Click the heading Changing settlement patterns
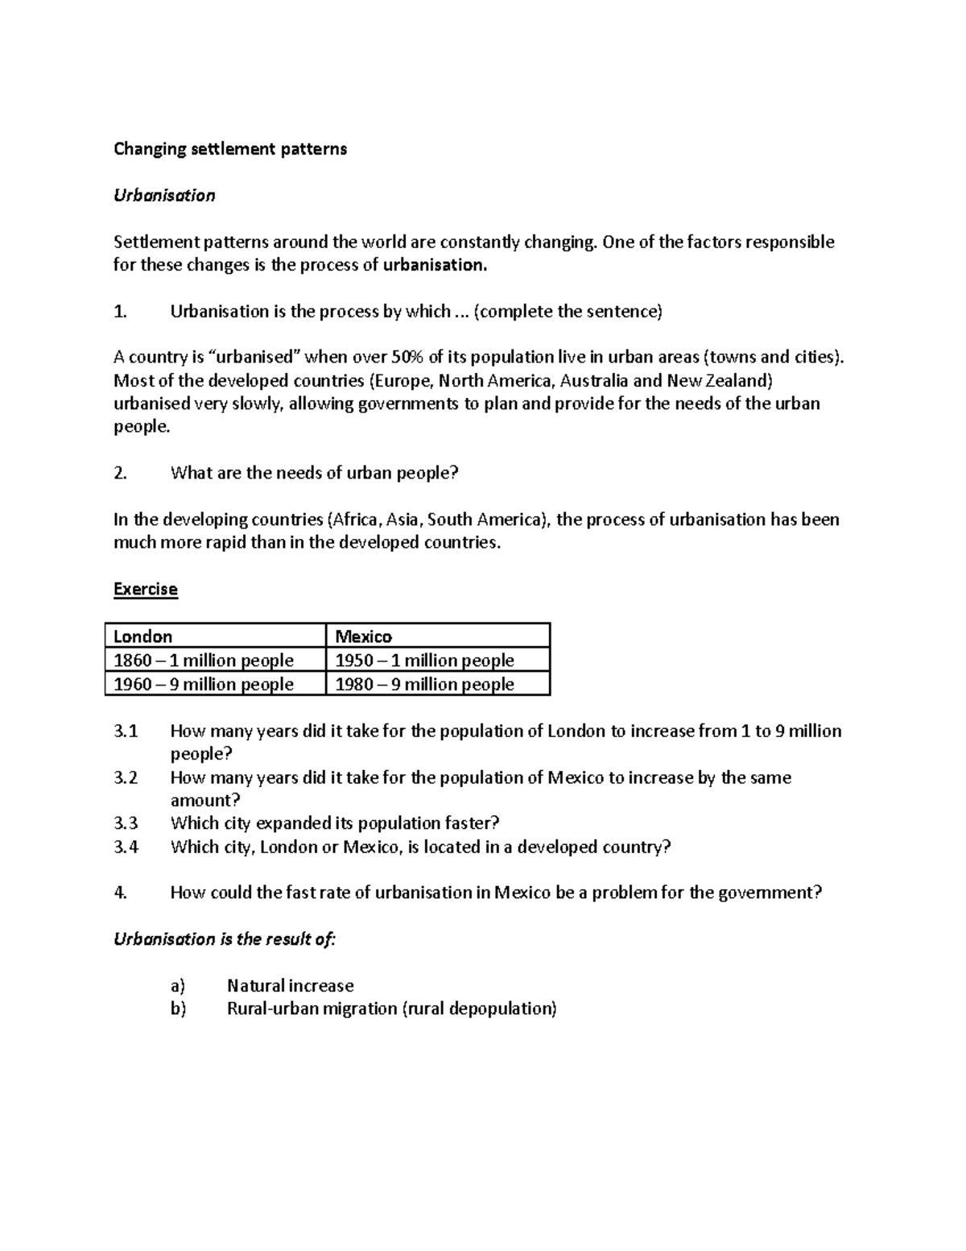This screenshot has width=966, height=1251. tap(230, 149)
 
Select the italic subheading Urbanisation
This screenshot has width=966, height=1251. tap(164, 196)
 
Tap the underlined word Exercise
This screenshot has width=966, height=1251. tap(145, 589)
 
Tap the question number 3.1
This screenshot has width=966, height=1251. tap(126, 731)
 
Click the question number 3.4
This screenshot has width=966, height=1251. tap(126, 847)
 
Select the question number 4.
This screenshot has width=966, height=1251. tap(121, 893)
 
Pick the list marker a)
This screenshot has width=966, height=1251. tap(178, 986)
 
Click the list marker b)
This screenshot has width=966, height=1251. tap(178, 1009)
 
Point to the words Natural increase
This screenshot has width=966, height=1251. tap(291, 986)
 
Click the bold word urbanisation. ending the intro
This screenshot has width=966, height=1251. tap(436, 266)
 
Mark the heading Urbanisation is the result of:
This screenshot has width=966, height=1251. tap(225, 939)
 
